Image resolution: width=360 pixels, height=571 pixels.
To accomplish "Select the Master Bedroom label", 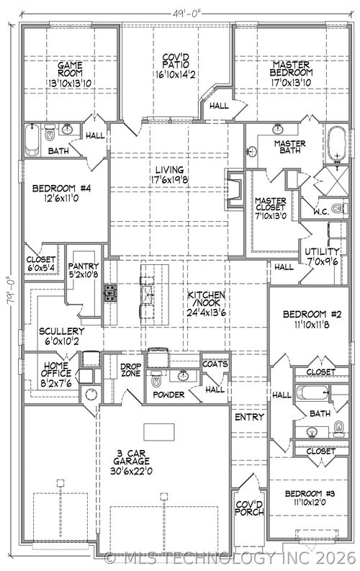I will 292,69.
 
